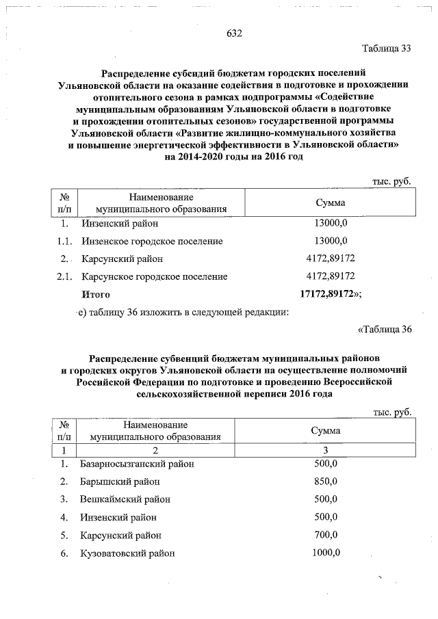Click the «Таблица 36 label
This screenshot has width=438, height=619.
(x=385, y=329)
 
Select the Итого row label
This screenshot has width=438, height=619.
(x=96, y=295)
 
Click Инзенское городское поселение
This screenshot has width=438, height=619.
(x=152, y=241)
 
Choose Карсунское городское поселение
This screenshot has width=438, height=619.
(x=154, y=277)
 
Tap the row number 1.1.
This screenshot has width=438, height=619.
(x=64, y=241)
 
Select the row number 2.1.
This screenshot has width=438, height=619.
(x=64, y=277)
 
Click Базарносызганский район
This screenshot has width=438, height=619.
(x=137, y=464)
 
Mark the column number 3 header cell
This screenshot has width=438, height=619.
(x=326, y=449)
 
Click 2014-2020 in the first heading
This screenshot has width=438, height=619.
(x=199, y=157)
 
